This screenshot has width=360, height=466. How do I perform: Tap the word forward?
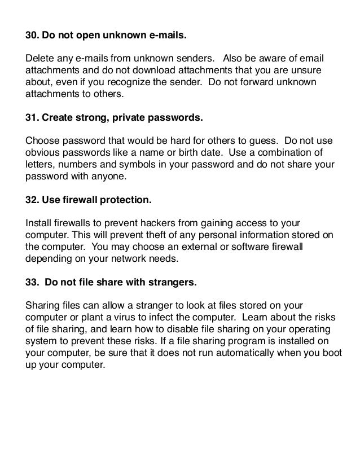click(x=265, y=83)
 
